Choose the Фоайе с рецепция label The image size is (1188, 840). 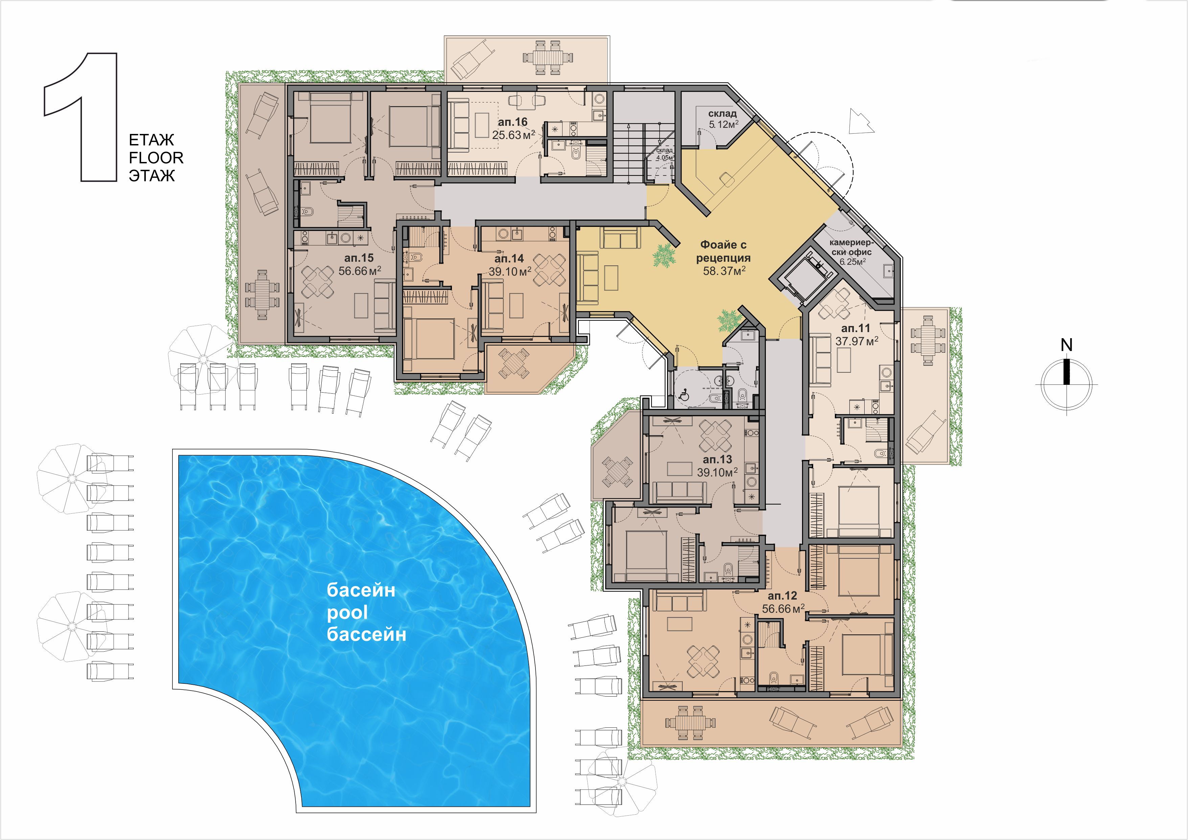pyautogui.click(x=723, y=251)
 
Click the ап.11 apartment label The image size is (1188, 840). pyautogui.click(x=856, y=328)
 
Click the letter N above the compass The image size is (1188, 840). pyautogui.click(x=1067, y=345)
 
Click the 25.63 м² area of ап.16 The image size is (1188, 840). pyautogui.click(x=513, y=136)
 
